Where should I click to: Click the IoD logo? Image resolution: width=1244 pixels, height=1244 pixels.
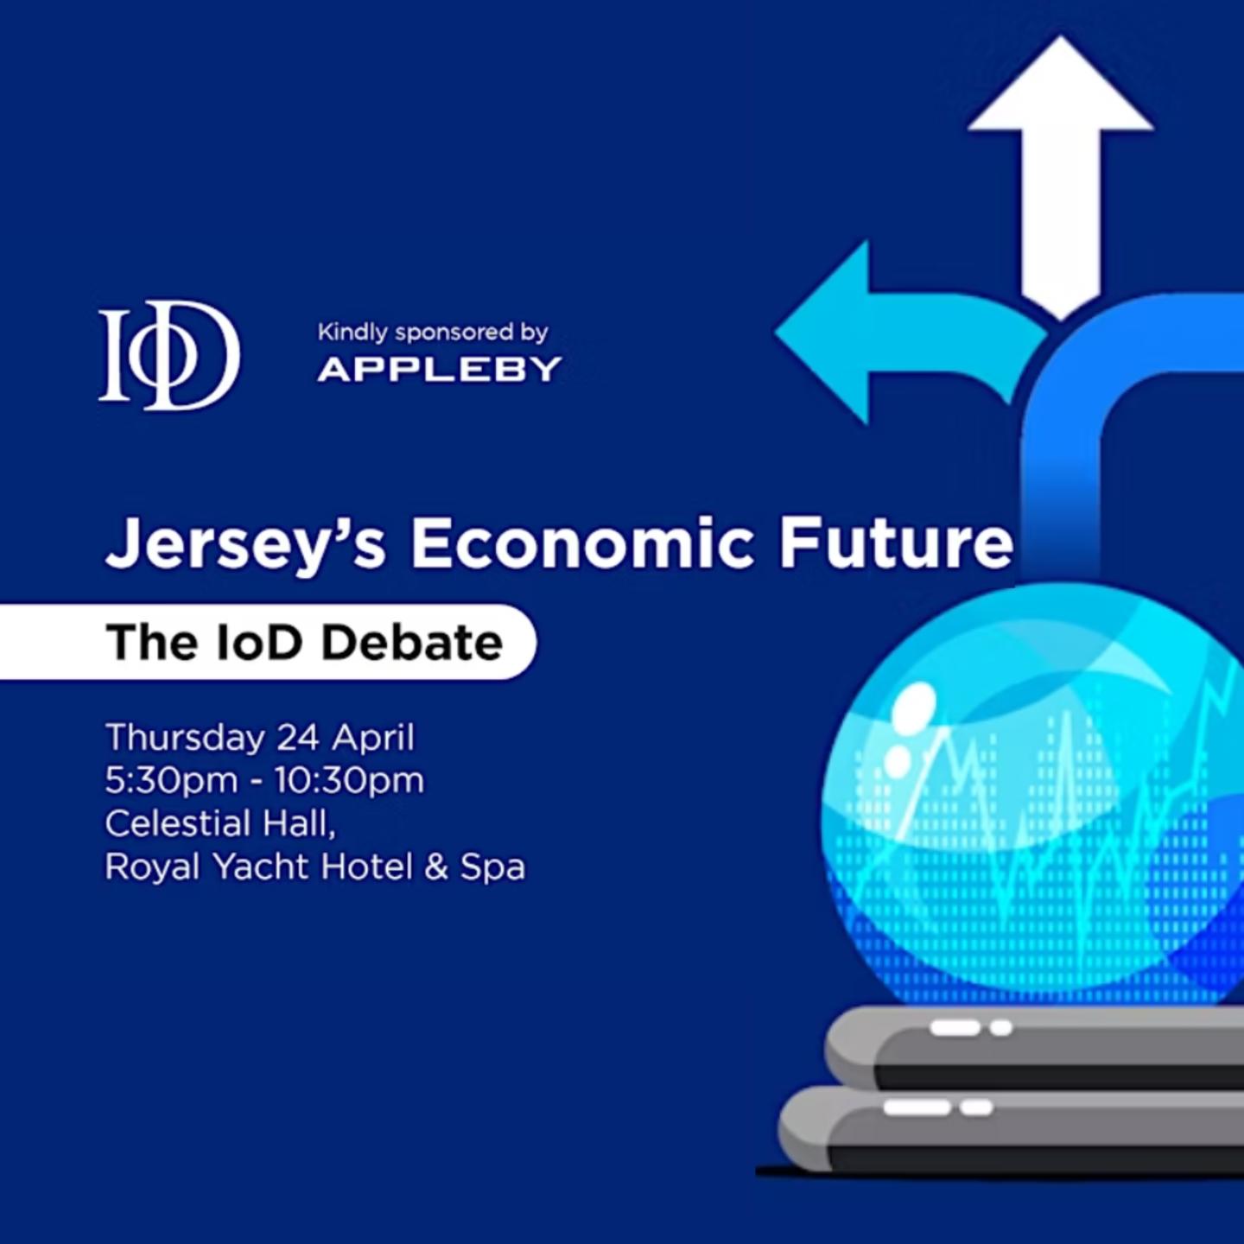tap(169, 355)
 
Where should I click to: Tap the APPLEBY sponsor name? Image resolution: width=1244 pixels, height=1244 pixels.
tap(440, 370)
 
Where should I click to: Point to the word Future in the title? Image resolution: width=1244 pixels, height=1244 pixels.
tap(896, 543)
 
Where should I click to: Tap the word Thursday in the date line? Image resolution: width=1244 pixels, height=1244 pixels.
tap(185, 739)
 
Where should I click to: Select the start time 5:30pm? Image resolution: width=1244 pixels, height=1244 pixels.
tap(171, 781)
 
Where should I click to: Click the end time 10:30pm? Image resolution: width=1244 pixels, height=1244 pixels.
tap(350, 781)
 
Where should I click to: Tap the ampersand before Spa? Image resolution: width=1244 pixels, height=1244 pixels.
tap(436, 867)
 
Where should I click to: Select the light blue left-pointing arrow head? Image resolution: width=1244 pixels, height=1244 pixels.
tap(825, 333)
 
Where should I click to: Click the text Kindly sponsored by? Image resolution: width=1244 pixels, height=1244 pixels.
tap(433, 332)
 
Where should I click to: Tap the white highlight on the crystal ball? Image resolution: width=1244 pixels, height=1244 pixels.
tap(914, 704)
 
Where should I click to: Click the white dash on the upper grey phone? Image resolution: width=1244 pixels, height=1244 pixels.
tap(955, 1028)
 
